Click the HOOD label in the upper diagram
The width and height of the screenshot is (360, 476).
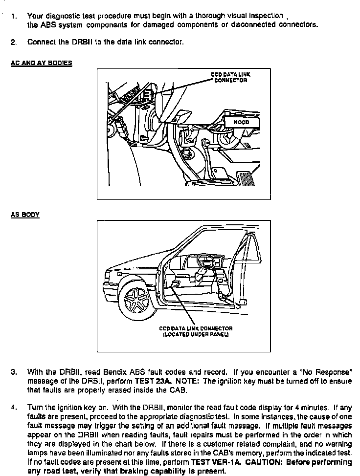[x=242, y=122]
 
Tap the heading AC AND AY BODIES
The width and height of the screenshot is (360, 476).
[x=41, y=63]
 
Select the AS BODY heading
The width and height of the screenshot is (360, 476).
[x=25, y=215]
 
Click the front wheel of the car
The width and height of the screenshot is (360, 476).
[x=136, y=300]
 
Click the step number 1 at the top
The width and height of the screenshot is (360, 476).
[x=13, y=16]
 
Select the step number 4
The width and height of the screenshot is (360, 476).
[x=13, y=407]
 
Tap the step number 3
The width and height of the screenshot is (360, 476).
[x=13, y=372]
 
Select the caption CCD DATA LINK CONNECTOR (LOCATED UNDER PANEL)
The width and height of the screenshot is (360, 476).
[x=196, y=331]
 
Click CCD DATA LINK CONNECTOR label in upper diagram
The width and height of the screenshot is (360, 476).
[x=230, y=77]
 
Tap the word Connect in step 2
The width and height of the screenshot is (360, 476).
[x=43, y=42]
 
